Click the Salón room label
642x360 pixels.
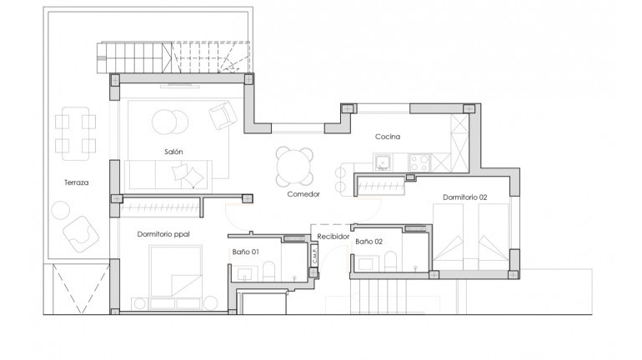[173, 151]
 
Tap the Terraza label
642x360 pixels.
[76, 182]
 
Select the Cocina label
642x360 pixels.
[388, 136]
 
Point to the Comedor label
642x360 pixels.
[303, 193]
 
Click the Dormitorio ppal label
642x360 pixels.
[163, 234]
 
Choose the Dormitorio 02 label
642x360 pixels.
[464, 197]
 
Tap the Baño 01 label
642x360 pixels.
[245, 251]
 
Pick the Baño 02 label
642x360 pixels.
[369, 241]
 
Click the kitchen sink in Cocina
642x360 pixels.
[384, 162]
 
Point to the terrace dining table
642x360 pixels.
[75, 132]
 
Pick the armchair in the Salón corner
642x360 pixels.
[223, 115]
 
